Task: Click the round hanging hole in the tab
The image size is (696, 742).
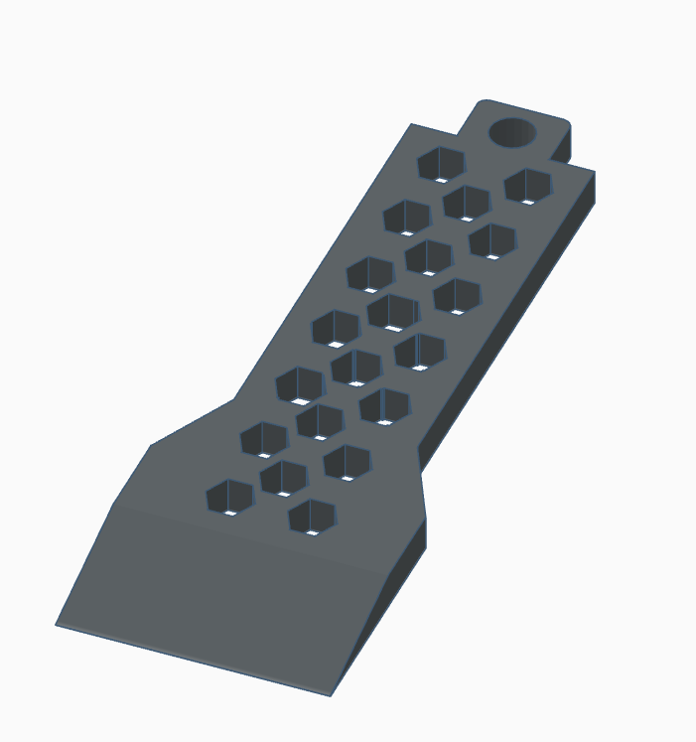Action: [512, 132]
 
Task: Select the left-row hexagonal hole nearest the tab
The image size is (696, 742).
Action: [441, 164]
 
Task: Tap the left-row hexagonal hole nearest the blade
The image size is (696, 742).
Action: [230, 497]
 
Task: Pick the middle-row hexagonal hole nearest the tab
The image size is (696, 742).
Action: [466, 203]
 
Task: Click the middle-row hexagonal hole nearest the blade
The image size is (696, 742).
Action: [283, 479]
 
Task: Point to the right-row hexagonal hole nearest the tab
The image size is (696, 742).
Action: [527, 186]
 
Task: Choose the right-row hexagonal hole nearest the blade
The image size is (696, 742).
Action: [312, 517]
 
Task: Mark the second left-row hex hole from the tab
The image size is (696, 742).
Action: [406, 218]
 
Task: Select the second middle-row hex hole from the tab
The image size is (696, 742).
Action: [429, 257]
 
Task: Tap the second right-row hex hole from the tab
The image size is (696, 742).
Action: [492, 240]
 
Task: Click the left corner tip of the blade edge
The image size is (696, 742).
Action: [58, 624]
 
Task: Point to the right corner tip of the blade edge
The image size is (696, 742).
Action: [331, 693]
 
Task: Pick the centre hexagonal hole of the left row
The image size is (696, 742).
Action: [336, 329]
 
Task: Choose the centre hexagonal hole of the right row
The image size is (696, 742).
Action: [420, 352]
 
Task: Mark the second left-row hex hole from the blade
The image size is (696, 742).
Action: [264, 439]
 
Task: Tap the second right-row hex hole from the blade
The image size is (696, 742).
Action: [347, 462]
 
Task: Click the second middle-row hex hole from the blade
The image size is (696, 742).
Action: [320, 421]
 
